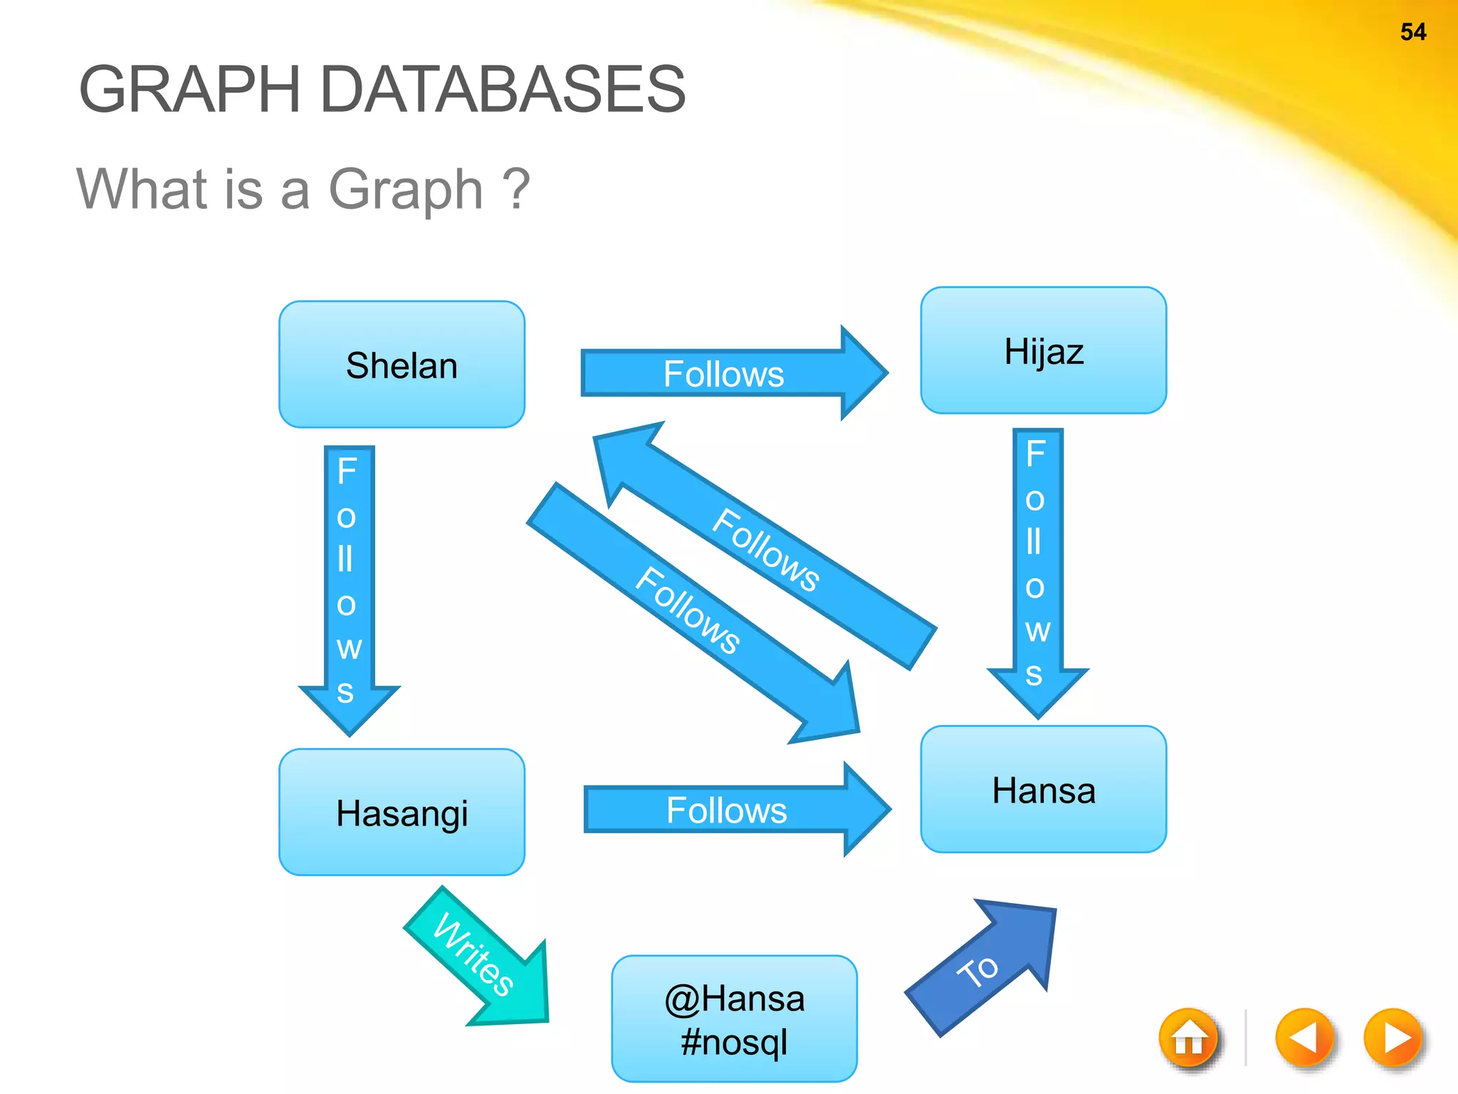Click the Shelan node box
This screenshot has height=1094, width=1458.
pyautogui.click(x=402, y=365)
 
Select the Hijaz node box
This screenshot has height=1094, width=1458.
pyautogui.click(x=1043, y=350)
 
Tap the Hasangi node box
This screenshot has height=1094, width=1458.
pyautogui.click(x=402, y=812)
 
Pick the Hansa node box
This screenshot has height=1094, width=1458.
pyautogui.click(x=1043, y=789)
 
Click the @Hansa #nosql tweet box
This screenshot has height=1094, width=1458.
pyautogui.click(x=734, y=1019)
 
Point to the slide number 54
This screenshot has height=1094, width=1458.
pyautogui.click(x=1412, y=32)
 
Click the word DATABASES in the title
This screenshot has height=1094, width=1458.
pyautogui.click(x=503, y=89)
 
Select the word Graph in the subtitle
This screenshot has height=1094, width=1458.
pyautogui.click(x=406, y=189)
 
